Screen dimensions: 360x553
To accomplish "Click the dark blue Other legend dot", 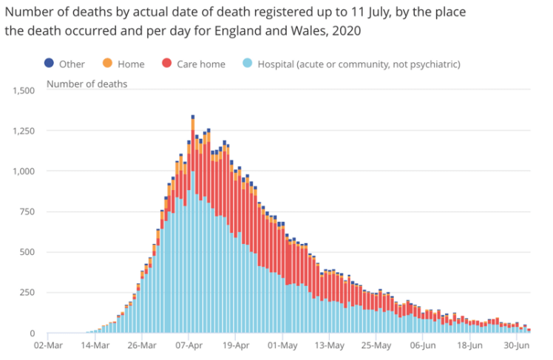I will click(x=50, y=64).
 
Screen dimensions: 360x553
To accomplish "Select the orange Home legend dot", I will click(x=107, y=64).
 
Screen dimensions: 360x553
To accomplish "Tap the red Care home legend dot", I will click(x=166, y=64).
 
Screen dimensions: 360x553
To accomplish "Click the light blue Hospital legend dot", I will click(x=247, y=64).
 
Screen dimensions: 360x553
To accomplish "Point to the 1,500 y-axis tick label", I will click(x=24, y=91).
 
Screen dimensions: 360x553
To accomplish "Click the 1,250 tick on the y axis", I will click(x=24, y=131).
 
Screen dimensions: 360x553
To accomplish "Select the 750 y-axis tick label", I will click(x=27, y=212).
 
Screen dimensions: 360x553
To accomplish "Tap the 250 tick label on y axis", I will click(x=27, y=293).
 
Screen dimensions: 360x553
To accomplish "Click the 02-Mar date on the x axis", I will click(x=48, y=345).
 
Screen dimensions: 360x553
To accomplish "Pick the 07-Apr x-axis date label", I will click(x=189, y=345).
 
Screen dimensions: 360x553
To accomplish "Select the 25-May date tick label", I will click(x=376, y=345).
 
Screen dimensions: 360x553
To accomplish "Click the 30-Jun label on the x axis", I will click(x=517, y=345).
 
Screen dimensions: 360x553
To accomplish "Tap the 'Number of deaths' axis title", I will click(x=86, y=84).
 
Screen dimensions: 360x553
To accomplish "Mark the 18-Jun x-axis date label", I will click(x=469, y=345).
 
